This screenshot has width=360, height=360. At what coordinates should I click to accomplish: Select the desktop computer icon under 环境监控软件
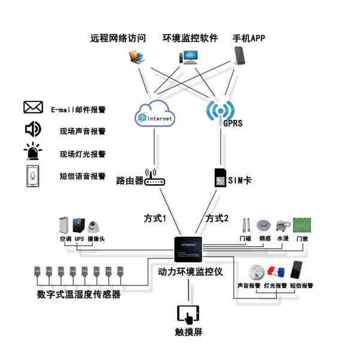(187, 58)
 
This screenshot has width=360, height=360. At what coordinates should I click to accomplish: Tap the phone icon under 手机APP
(242, 56)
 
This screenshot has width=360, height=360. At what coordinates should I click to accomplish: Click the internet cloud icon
(155, 114)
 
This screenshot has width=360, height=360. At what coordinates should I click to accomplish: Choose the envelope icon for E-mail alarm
(33, 107)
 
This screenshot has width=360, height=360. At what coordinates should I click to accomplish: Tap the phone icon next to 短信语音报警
(32, 176)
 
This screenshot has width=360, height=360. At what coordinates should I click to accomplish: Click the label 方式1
(155, 218)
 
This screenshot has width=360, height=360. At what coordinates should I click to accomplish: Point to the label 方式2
(217, 218)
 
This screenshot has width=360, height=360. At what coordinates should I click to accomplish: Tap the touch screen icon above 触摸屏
(188, 314)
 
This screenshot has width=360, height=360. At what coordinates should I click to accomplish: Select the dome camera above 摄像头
(95, 227)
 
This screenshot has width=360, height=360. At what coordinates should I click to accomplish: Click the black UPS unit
(79, 226)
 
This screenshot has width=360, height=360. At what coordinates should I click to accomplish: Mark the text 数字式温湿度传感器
(79, 295)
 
